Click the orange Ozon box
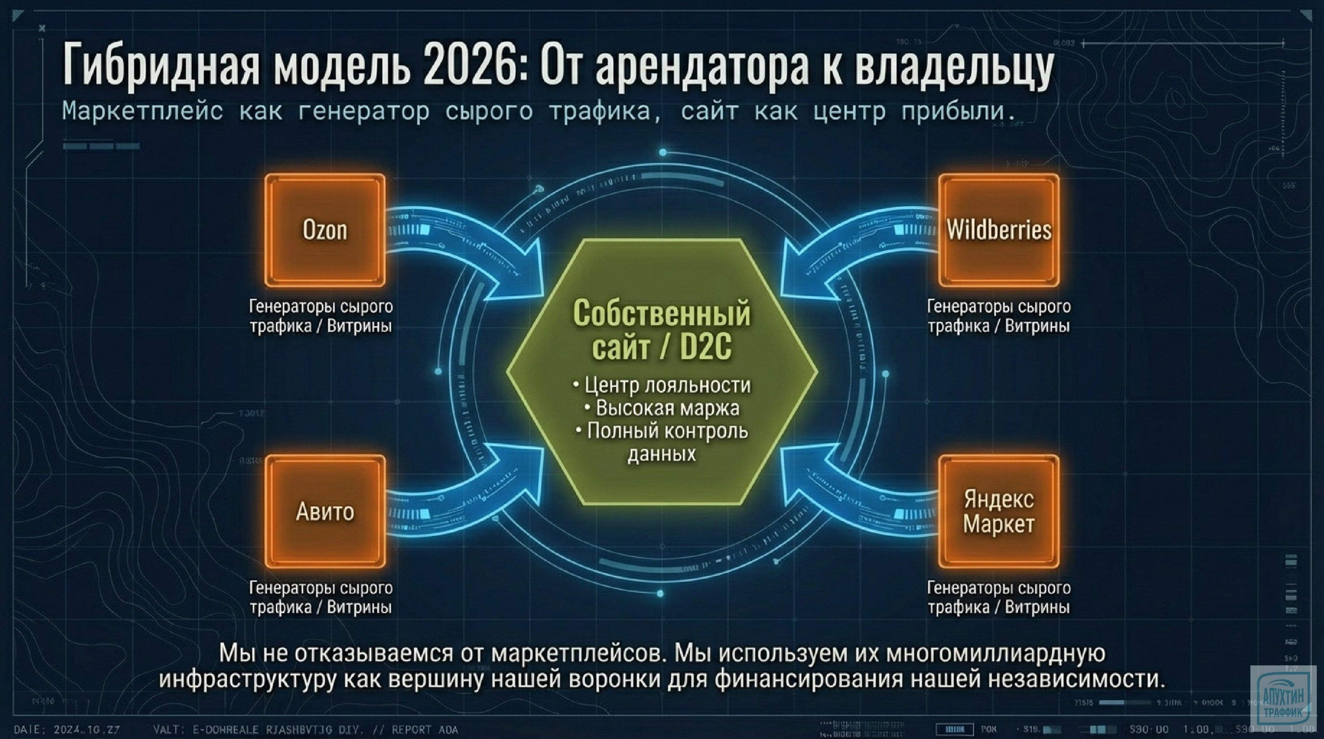click(x=325, y=230)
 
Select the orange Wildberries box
click(x=999, y=230)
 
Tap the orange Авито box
click(x=325, y=511)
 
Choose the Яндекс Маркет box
click(x=999, y=511)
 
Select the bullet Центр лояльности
click(x=663, y=385)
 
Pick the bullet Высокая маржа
click(x=663, y=408)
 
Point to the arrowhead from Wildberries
click(x=797, y=270)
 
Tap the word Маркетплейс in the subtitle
click(x=143, y=111)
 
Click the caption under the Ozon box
click(x=321, y=316)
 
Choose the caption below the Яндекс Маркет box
click(x=999, y=597)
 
